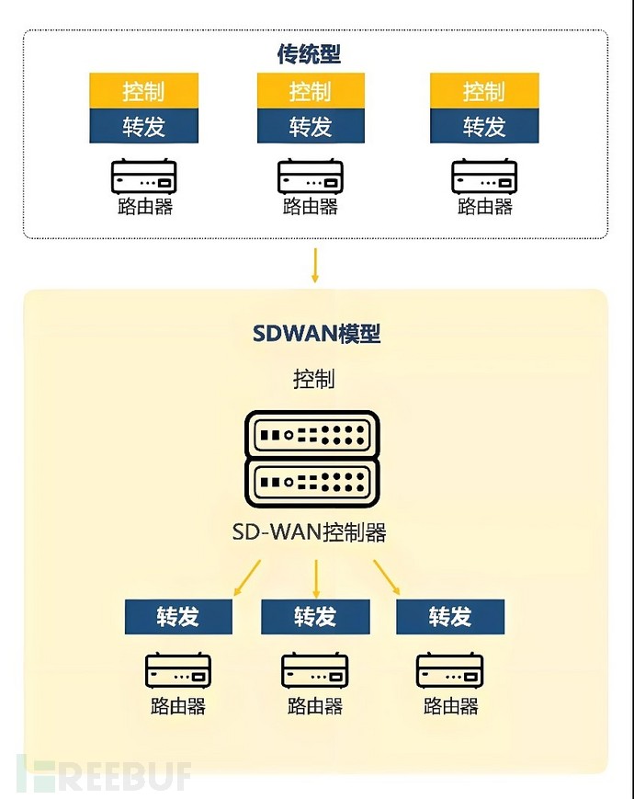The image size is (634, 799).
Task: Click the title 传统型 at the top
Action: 309,55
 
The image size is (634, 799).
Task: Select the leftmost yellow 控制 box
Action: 143,91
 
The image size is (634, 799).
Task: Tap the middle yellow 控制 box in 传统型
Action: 311,91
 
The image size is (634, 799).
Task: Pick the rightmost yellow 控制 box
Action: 483,91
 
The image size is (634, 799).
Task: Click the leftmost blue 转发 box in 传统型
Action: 143,126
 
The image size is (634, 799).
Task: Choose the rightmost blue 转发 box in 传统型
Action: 483,126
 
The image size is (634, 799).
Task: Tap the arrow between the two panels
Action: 315,265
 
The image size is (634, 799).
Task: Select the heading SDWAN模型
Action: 316,334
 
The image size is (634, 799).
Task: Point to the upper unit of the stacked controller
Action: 312,434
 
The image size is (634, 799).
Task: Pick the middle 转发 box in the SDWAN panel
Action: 315,617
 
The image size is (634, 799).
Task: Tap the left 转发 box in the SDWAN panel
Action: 178,617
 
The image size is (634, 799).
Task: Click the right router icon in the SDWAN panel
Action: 450,671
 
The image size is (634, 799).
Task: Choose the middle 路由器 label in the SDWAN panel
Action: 315,706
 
